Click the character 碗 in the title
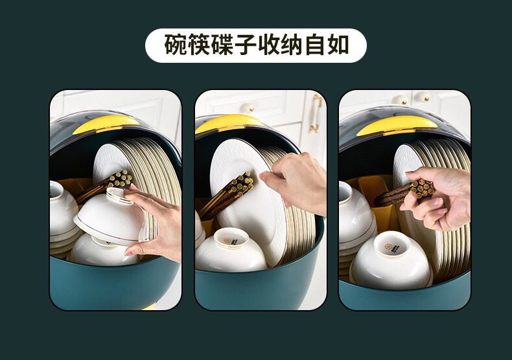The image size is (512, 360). click(176, 45)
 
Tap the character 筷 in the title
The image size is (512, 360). click(200, 45)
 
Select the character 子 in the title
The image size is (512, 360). click(246, 45)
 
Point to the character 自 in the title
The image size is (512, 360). click(316, 45)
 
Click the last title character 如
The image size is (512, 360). click(338, 45)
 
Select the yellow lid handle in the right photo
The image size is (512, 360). click(397, 126)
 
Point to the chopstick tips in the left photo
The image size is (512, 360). click(121, 179)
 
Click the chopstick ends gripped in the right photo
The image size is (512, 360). click(422, 188)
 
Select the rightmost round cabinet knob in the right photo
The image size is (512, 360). click(425, 96)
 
